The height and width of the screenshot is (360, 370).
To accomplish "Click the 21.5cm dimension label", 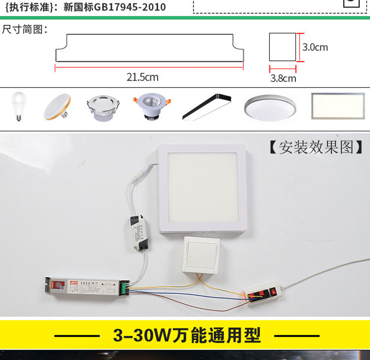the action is point(143,77).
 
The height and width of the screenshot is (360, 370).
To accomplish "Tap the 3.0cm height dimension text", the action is point(315,47).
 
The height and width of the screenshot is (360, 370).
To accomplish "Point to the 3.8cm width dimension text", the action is point(283,78).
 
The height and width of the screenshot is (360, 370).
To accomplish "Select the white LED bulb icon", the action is point(18,106).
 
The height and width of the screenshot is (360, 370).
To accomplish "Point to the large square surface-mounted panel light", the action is point(202,188).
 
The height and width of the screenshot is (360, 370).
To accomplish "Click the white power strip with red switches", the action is point(263,295).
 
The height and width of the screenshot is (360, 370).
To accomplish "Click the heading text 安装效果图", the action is point(316,147).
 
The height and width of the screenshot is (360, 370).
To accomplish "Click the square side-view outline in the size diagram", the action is point(283,47).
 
